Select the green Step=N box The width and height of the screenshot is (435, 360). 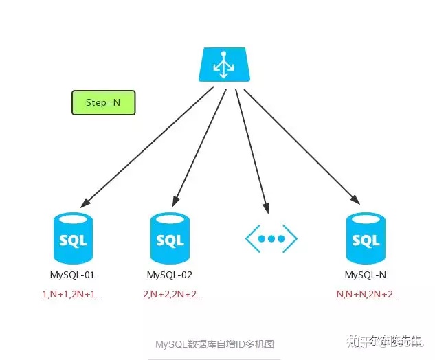click(x=103, y=102)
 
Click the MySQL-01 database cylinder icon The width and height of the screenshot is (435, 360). click(x=72, y=239)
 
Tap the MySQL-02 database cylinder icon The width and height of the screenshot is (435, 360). click(x=170, y=239)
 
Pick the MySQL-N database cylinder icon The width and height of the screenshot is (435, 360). click(x=365, y=239)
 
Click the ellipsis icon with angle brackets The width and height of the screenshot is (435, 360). click(x=271, y=238)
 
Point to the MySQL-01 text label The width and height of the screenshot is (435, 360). click(x=73, y=275)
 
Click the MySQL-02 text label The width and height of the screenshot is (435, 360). click(x=170, y=275)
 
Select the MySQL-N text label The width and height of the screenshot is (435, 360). click(x=365, y=275)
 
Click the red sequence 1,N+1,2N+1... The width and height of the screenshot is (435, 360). click(x=72, y=294)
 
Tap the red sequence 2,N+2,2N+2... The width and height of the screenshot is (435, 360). click(x=173, y=294)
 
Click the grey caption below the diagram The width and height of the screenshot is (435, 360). click(x=214, y=344)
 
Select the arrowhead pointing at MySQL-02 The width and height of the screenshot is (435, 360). click(x=175, y=201)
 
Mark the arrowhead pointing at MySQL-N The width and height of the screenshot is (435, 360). click(x=355, y=200)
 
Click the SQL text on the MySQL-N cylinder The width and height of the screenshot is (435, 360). click(x=365, y=241)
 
